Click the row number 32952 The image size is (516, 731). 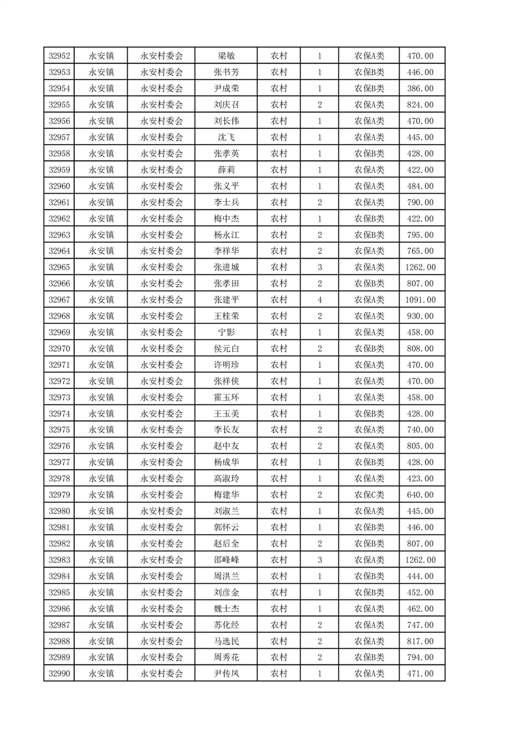click(x=60, y=56)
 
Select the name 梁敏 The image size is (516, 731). click(x=226, y=56)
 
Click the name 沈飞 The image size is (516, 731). click(x=226, y=137)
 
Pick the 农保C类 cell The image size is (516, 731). click(x=369, y=494)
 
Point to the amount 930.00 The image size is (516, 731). click(x=420, y=316)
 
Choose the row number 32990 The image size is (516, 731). click(x=60, y=673)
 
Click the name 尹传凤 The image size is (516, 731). click(x=226, y=673)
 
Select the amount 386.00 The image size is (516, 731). click(x=420, y=89)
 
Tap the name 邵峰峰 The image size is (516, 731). click(x=226, y=560)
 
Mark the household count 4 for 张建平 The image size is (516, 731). click(x=319, y=300)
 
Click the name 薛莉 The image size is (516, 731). click(x=226, y=169)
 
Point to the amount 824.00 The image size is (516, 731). click(x=420, y=105)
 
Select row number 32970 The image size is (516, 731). click(x=60, y=349)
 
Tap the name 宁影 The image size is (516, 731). click(x=226, y=332)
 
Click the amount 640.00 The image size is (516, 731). click(x=420, y=494)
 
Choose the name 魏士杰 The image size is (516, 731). click(x=226, y=609)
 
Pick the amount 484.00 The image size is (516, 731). click(x=420, y=186)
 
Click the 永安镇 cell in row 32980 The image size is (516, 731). click(x=101, y=511)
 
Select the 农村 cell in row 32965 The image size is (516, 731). click(x=279, y=267)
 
